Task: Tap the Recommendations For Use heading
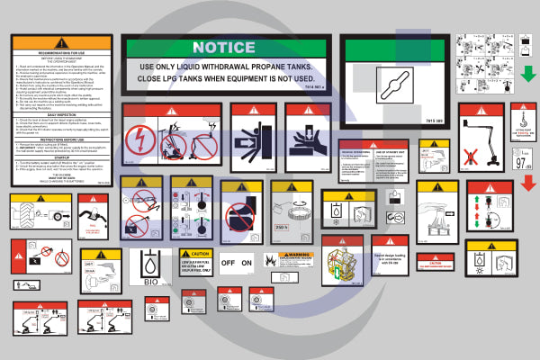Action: point(60,55)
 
